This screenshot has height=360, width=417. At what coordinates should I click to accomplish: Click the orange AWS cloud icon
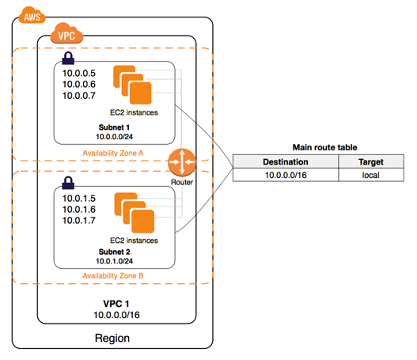[32, 15]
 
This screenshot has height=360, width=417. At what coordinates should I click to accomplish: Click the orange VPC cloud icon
[66, 33]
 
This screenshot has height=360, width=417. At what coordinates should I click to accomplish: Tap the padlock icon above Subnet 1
[68, 58]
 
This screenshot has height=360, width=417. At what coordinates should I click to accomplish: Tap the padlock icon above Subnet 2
[68, 183]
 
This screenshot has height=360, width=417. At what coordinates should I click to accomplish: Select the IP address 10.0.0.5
[79, 73]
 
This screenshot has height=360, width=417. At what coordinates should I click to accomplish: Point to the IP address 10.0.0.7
[79, 96]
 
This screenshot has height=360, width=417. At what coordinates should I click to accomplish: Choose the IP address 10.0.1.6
[79, 209]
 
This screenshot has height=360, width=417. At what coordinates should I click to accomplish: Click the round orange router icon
[182, 162]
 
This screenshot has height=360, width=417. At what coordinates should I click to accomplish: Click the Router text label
[182, 182]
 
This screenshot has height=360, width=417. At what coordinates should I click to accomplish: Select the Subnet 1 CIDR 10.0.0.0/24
[115, 137]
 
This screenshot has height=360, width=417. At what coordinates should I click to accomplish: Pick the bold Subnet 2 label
[115, 252]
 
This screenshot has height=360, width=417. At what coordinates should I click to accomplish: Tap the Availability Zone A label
[113, 153]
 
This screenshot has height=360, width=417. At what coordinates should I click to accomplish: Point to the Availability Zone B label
[113, 275]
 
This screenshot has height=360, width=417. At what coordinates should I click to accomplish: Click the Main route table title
[324, 147]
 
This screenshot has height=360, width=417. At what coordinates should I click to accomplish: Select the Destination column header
[286, 161]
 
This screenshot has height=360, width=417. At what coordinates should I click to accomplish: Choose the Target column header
[371, 161]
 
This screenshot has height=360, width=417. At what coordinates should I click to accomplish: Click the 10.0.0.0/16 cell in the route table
[286, 175]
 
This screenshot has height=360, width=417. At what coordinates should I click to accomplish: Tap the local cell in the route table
[371, 175]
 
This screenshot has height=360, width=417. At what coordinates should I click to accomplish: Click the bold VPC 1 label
[116, 304]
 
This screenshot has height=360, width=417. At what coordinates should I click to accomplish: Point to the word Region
[112, 338]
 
